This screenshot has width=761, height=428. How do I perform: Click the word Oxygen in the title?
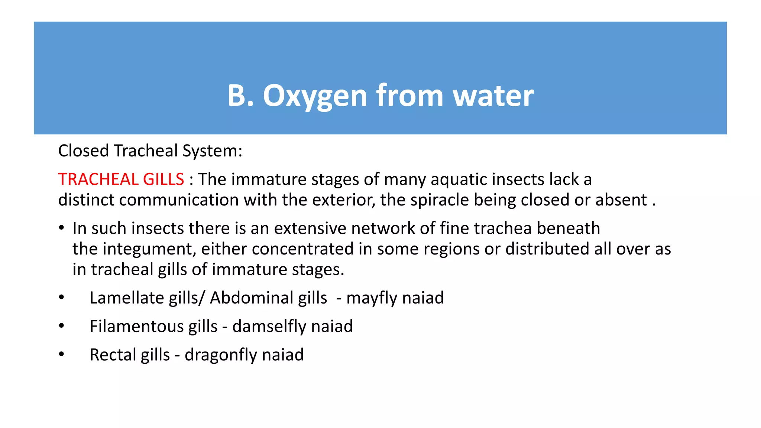point(315,96)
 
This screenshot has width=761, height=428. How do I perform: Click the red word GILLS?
point(163,179)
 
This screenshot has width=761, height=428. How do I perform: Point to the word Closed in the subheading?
point(84,151)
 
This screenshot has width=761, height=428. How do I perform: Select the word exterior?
point(343,200)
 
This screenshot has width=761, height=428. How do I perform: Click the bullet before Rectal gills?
point(62,354)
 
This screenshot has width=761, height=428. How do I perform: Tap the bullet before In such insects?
point(62,228)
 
